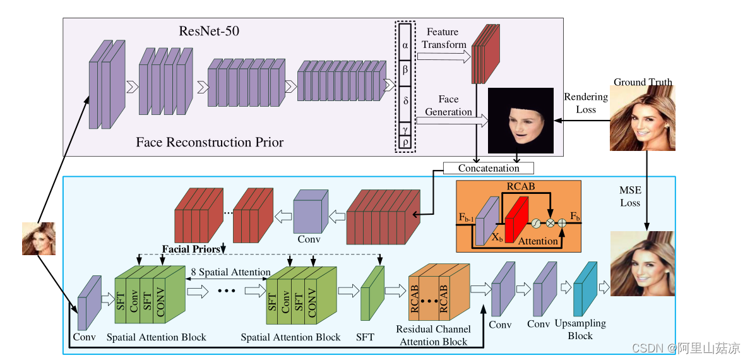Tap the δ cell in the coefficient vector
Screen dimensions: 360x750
(405, 100)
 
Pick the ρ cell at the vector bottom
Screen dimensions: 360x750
(405, 142)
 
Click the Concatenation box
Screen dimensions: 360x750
(489, 169)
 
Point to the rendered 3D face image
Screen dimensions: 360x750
(521, 121)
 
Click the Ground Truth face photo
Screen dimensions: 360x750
(643, 118)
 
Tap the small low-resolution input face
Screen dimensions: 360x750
(39, 239)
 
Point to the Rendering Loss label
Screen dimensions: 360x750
(585, 103)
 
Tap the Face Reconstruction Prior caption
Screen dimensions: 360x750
(210, 142)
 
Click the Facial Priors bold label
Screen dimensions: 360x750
(191, 249)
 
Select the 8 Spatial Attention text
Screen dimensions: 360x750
(230, 272)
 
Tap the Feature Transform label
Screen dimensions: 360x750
(444, 39)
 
